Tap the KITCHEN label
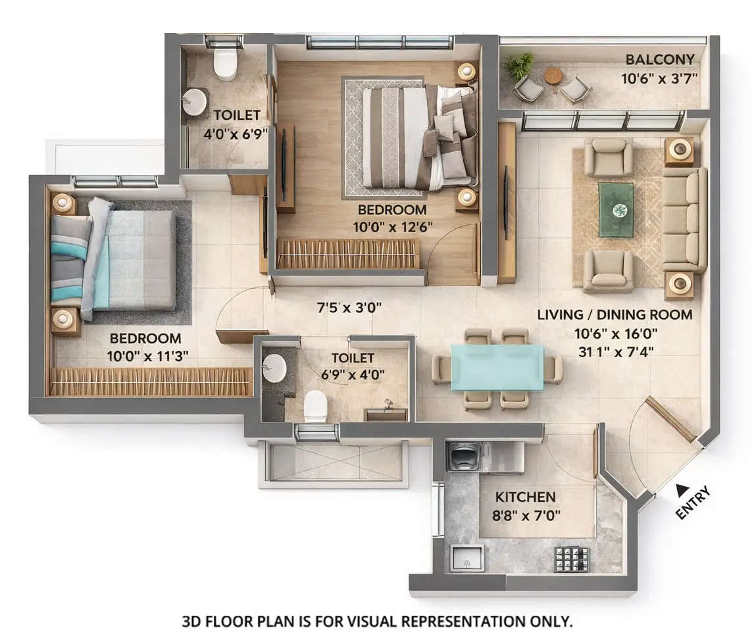point(525,497)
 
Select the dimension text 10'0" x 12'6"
point(392,227)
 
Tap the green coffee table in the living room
point(616,209)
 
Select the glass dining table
point(497,368)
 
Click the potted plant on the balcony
point(518,64)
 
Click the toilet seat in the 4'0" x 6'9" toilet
point(225,64)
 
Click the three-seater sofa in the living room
point(684,218)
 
